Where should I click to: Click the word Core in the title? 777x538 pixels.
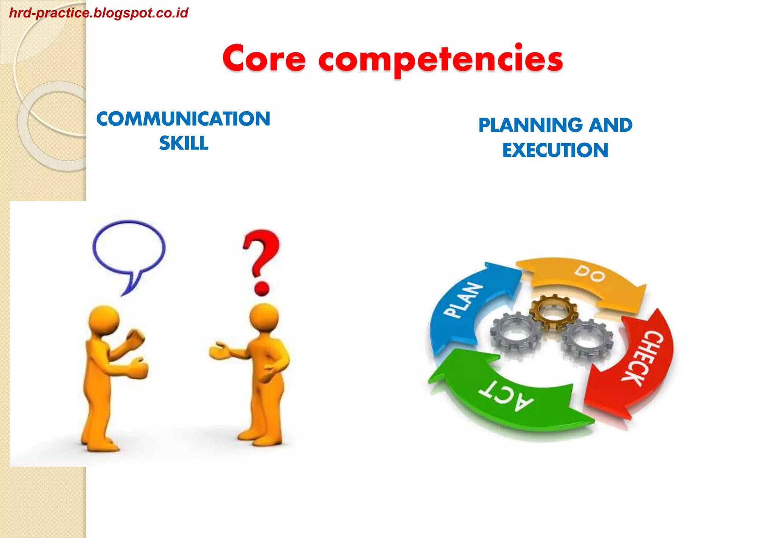pyautogui.click(x=264, y=59)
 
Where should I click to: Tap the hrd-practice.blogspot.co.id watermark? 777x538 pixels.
pyautogui.click(x=99, y=13)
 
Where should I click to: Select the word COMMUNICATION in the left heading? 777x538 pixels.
pyautogui.click(x=183, y=119)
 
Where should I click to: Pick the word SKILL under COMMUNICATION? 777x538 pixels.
pyautogui.click(x=184, y=143)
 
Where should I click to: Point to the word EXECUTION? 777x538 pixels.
pyautogui.click(x=555, y=150)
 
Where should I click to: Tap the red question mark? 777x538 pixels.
pyautogui.click(x=261, y=252)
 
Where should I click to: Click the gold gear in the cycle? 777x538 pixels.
pyautogui.click(x=554, y=312)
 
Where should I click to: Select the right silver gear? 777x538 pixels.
pyautogui.click(x=587, y=339)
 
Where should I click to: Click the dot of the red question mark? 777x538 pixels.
pyautogui.click(x=261, y=288)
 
